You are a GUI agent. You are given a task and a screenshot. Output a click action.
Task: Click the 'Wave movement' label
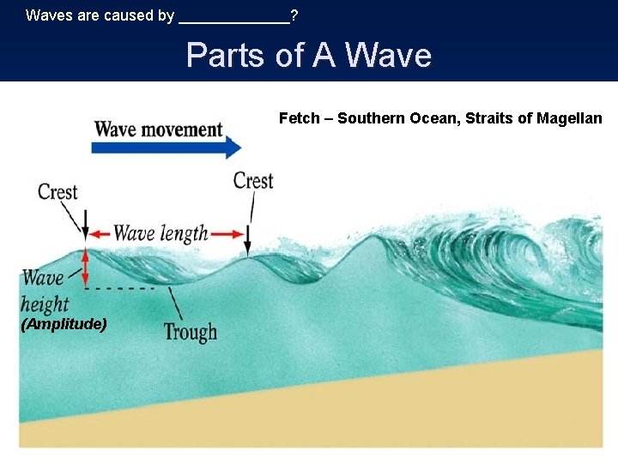click(x=158, y=129)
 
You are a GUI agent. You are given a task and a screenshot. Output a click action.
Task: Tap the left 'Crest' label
click(x=58, y=192)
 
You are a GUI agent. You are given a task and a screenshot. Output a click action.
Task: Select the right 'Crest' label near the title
click(x=253, y=181)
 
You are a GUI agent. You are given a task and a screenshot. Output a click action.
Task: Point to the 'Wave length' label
click(x=161, y=233)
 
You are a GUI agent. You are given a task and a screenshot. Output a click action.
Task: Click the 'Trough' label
click(x=190, y=332)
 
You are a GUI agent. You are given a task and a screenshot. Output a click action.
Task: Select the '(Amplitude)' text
click(x=64, y=324)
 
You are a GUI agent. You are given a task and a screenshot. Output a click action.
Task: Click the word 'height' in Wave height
click(x=45, y=303)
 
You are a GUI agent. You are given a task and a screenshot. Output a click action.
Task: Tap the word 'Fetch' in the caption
click(x=299, y=118)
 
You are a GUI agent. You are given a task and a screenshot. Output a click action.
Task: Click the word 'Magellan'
click(x=570, y=118)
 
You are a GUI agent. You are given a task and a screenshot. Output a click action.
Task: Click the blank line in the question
click(x=233, y=17)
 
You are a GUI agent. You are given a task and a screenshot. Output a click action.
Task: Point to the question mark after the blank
click(x=294, y=15)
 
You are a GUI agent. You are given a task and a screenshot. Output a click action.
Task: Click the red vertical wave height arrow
click(x=85, y=267)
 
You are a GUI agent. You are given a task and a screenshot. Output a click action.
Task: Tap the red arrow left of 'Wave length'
click(x=100, y=233)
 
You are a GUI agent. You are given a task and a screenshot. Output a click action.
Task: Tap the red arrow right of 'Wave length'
click(x=227, y=233)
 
